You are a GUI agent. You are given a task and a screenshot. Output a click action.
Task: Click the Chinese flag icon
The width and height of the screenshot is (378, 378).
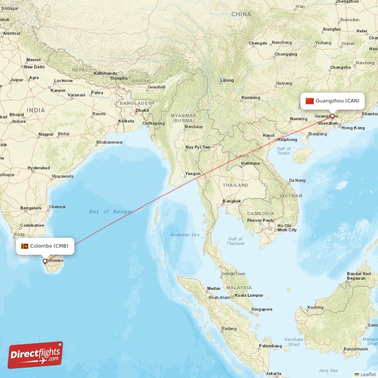(309, 101)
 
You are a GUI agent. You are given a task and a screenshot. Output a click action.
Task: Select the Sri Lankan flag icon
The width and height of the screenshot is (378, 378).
(25, 246)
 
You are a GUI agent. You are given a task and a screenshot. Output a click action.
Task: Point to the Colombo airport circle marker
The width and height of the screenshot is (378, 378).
(45, 261)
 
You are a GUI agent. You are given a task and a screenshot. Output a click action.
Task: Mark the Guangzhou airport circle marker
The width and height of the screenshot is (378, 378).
(332, 116)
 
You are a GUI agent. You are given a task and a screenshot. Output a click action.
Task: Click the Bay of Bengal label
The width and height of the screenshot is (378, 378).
(111, 212)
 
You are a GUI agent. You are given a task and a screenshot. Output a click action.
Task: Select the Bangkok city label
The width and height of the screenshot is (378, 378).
(232, 201)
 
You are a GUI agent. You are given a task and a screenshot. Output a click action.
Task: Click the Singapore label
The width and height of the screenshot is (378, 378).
(262, 309)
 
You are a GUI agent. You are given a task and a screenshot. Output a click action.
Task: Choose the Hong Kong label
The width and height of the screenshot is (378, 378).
(353, 128)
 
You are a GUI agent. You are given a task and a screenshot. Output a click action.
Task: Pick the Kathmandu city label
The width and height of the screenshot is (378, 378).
(105, 73)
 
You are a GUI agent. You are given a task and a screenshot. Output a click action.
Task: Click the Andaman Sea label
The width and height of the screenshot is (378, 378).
(185, 235)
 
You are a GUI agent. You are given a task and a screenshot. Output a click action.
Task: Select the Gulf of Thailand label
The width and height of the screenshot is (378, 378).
(235, 241)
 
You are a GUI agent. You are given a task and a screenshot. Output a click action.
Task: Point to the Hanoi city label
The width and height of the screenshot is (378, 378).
(268, 135)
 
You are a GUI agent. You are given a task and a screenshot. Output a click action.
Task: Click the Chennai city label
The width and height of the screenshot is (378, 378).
(57, 206)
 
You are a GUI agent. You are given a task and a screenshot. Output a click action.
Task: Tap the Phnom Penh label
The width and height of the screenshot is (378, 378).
(260, 221)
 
